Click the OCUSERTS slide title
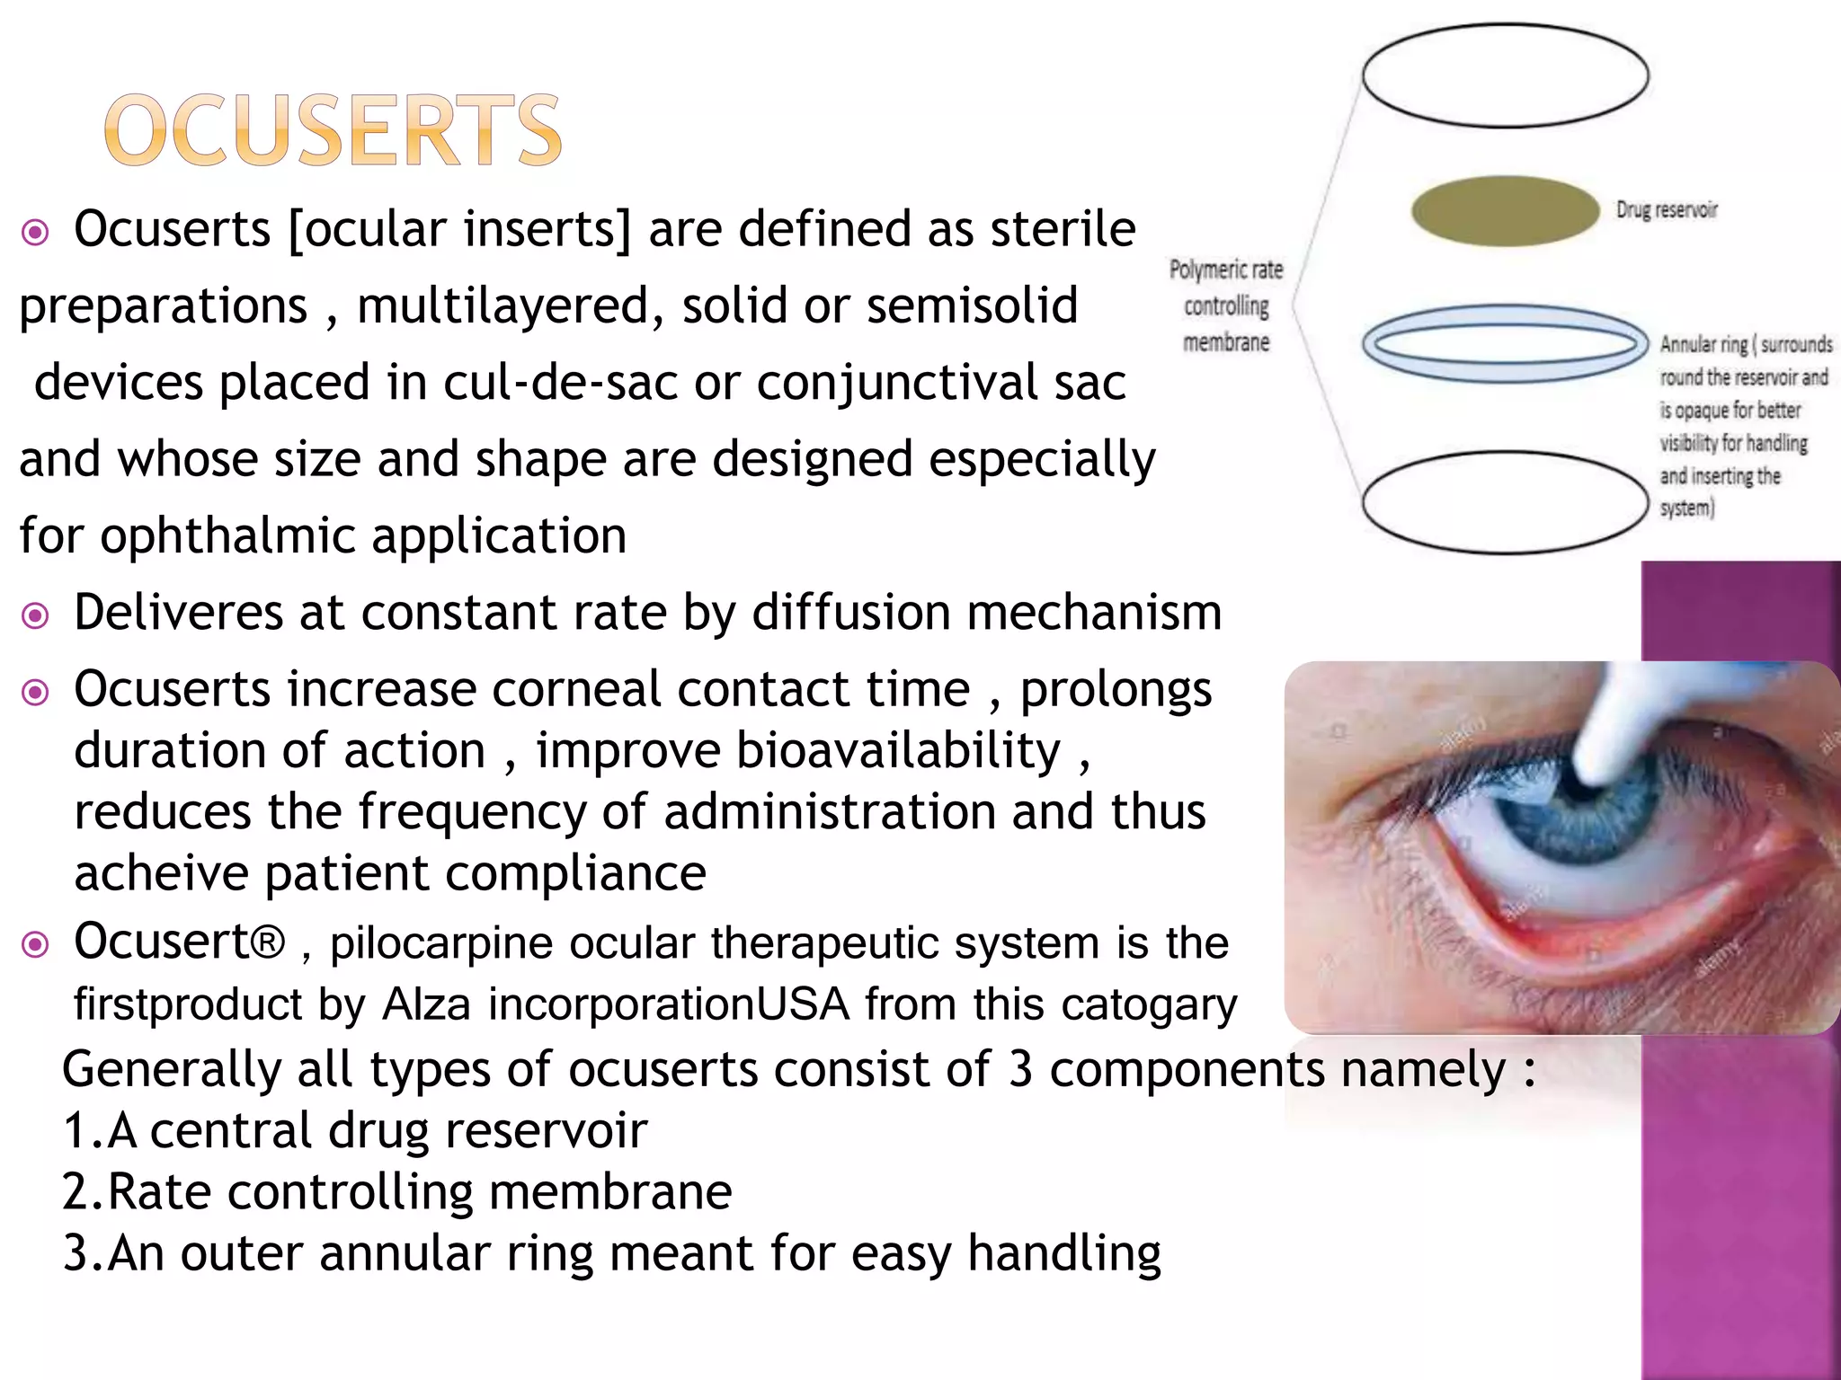coord(334,131)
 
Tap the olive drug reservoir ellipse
coord(1505,210)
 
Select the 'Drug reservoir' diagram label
coord(1666,209)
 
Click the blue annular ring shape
coord(1505,344)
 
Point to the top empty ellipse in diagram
coord(1505,75)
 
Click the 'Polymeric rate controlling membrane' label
coord(1226,305)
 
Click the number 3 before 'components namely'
coord(1020,1069)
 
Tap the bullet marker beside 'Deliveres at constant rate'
coord(35,615)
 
